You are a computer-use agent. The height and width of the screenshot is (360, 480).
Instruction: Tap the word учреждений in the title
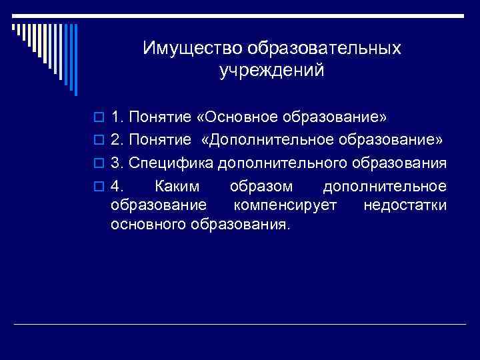[272, 70]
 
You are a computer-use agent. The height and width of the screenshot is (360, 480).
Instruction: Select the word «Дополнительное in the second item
[269, 141]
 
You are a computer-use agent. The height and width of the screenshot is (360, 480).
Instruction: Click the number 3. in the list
[118, 163]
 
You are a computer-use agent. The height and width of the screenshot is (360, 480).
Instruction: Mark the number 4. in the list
[118, 185]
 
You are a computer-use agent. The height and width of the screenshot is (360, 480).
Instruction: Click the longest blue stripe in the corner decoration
[76, 60]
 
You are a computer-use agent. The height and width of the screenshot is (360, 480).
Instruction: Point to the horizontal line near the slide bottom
[240, 324]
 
